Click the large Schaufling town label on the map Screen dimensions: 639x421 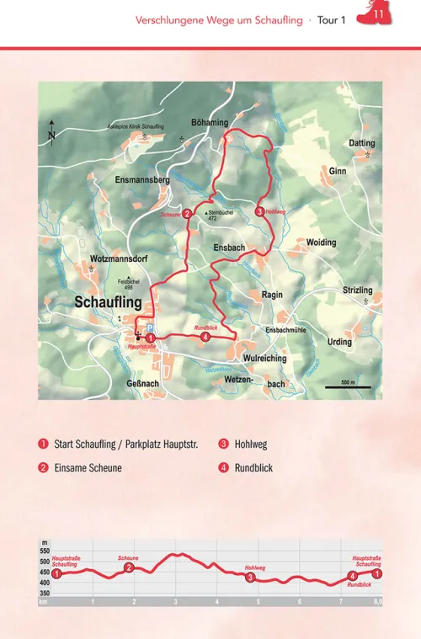coord(109,301)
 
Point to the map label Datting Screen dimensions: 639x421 coord(362,144)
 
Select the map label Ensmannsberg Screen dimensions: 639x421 coord(142,180)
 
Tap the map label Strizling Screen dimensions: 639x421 coord(357,290)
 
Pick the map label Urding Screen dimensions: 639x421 coord(339,342)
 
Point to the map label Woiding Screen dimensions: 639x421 coord(321,242)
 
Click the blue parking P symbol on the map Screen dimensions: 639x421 coord(150,327)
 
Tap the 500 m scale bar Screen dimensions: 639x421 coord(348,387)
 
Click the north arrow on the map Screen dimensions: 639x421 coord(51,132)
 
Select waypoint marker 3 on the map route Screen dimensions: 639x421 coord(258,211)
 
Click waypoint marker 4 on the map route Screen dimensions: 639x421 coord(205,338)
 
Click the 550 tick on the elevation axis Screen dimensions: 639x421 coord(45,551)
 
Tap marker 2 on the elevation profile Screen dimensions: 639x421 coord(129,568)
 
